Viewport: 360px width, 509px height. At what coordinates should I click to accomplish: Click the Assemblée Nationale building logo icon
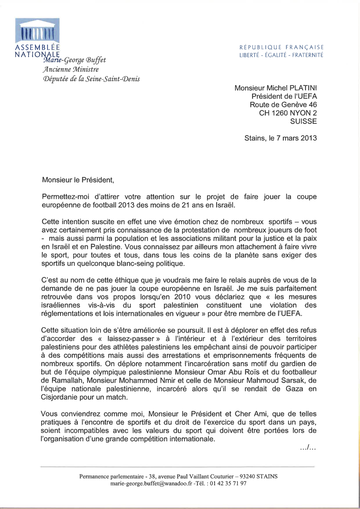[37, 30]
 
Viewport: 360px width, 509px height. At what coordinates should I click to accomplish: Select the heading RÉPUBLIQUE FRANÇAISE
[281, 47]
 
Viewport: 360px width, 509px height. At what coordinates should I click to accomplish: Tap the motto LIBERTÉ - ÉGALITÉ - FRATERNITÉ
[281, 55]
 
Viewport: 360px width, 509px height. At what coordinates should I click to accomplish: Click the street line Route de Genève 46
[283, 104]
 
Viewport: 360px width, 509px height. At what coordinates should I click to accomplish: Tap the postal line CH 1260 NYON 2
[288, 113]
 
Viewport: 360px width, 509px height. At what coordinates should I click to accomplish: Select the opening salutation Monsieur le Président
[78, 180]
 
